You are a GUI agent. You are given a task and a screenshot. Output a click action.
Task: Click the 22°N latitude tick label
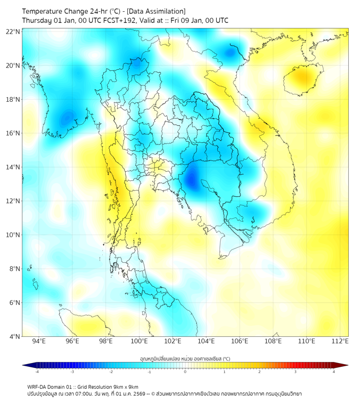[13, 31]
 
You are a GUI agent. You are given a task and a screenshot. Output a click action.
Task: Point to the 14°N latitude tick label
[13, 167]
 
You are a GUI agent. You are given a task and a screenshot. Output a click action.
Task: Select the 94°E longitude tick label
[39, 342]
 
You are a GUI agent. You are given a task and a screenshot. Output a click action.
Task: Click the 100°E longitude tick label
[140, 342]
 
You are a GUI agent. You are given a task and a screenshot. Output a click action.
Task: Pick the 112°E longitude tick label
[340, 342]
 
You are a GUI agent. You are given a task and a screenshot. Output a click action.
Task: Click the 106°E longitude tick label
[240, 342]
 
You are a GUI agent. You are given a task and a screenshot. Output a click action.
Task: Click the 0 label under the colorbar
[185, 372]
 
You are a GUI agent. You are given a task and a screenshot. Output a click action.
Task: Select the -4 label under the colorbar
[37, 372]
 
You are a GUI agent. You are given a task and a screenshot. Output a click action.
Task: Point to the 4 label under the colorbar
[334, 372]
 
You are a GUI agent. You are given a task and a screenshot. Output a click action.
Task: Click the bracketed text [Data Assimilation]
[158, 11]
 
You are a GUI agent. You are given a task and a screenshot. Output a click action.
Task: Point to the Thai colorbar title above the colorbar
[185, 359]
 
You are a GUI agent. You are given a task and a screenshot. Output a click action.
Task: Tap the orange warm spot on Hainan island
[302, 78]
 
